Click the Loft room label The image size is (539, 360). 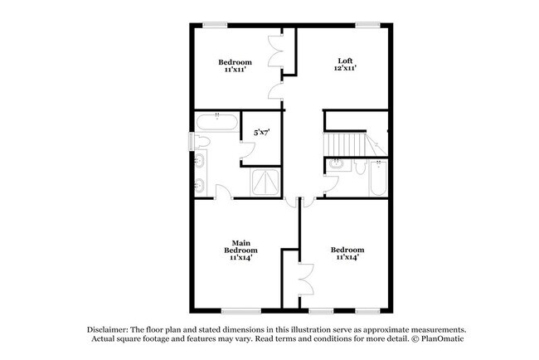[x=346, y=61]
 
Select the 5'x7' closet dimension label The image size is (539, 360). [x=262, y=130]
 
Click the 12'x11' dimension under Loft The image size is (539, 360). [x=346, y=70]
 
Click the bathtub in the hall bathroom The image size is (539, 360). [x=378, y=179]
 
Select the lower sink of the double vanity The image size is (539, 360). [x=200, y=185]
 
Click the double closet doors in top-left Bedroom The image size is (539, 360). [x=276, y=51]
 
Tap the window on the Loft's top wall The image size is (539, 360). [x=365, y=23]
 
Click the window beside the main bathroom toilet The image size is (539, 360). [x=190, y=143]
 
